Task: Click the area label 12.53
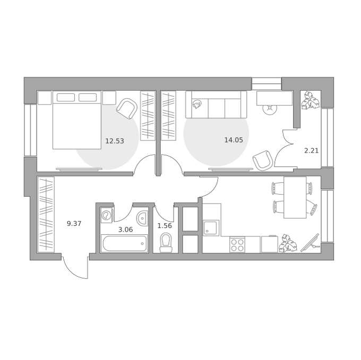click(x=115, y=141)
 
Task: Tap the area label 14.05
click(x=234, y=140)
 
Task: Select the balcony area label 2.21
click(x=312, y=151)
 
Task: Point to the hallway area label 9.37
click(x=74, y=223)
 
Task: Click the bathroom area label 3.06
click(x=126, y=230)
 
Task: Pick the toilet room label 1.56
click(x=165, y=226)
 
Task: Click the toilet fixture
click(x=166, y=242)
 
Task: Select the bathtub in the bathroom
click(x=124, y=243)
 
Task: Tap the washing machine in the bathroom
click(x=107, y=215)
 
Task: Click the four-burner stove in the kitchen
click(x=237, y=245)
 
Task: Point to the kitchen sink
click(x=211, y=227)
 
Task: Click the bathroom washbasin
click(x=142, y=218)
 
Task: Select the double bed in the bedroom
click(x=77, y=120)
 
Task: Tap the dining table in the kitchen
click(x=295, y=197)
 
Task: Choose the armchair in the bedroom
click(x=127, y=109)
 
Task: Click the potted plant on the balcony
click(x=310, y=100)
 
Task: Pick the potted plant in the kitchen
click(x=288, y=243)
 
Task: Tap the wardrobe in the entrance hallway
click(x=46, y=214)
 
